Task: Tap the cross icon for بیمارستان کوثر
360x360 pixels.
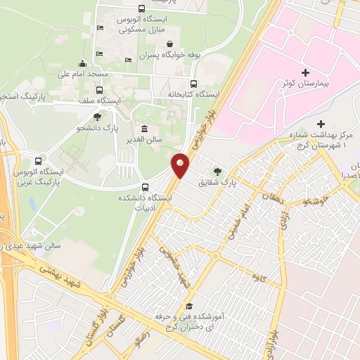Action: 304,72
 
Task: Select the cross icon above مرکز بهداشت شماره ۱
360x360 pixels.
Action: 321,124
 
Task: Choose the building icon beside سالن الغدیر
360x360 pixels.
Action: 144,129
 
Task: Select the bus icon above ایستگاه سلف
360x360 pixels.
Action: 99,90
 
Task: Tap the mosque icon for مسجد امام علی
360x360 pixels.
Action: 83,63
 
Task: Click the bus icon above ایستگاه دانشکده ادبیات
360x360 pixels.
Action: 146,187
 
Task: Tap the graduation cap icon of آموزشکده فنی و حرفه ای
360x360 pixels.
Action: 188,306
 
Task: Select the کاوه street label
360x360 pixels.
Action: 262,278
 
